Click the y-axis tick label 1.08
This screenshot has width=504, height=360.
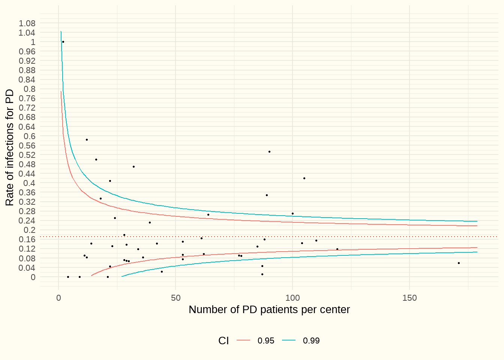click(27, 23)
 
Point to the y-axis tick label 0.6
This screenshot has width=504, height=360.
click(30, 136)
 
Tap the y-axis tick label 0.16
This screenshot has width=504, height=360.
click(27, 239)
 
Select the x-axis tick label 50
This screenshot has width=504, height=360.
click(175, 298)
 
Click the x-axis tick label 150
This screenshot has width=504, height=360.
click(409, 298)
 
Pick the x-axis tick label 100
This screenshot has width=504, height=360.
click(292, 298)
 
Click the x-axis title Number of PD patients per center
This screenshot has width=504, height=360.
click(269, 310)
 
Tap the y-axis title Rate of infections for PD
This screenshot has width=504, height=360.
click(9, 147)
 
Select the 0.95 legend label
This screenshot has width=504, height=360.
click(266, 341)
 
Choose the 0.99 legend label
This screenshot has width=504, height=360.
click(311, 341)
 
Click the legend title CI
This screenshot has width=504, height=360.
click(223, 341)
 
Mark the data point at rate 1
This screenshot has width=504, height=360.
click(63, 42)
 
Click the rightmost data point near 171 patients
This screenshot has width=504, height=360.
click(459, 263)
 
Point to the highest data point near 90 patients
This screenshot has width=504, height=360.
click(269, 152)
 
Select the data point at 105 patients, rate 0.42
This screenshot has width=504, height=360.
click(304, 178)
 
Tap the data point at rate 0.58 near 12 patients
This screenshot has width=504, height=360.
click(87, 139)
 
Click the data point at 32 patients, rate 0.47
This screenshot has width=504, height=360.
click(133, 166)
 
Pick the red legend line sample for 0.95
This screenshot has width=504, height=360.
click(243, 340)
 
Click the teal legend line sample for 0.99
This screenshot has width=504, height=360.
click(289, 340)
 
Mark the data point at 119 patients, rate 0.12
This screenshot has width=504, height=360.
click(337, 249)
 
